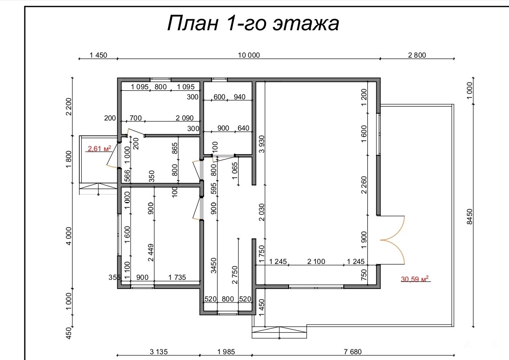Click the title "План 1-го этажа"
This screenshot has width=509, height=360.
tap(253, 23)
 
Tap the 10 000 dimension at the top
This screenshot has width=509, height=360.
tap(249, 55)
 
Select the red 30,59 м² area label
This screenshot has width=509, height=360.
tap(414, 279)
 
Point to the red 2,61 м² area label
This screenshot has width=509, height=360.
tap(99, 149)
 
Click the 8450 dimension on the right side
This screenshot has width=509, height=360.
tap(470, 216)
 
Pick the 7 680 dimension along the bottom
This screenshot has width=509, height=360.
tap(352, 351)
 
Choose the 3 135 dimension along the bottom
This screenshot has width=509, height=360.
tap(159, 351)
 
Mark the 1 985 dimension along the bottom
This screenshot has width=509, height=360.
tap(226, 351)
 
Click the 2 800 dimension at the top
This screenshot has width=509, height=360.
tap(417, 55)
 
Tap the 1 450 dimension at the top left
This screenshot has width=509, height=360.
tap(98, 55)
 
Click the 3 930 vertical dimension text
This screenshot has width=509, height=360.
tap(262, 144)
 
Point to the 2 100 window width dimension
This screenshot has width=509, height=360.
tap(316, 261)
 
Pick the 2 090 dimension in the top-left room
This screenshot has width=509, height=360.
tap(184, 118)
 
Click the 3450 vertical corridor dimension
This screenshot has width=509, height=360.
tap(213, 265)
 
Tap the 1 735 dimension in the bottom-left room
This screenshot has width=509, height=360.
tap(177, 277)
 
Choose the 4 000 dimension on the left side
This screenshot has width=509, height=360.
tap(69, 236)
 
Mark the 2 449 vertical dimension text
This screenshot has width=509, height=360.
tap(151, 252)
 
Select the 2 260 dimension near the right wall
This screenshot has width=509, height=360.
tap(364, 185)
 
